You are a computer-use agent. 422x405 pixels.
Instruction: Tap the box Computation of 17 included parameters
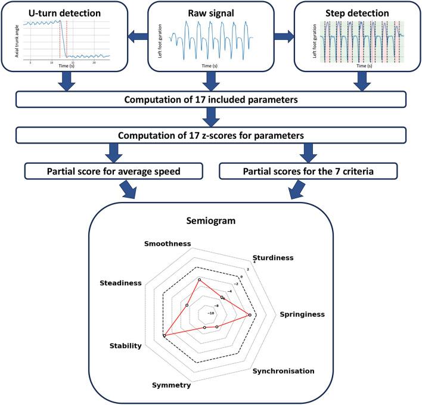pos(211,99)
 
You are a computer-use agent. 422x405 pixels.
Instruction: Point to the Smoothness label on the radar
pos(167,245)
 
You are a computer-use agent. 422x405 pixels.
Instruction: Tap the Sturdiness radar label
pos(273,258)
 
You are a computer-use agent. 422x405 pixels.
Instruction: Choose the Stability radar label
pos(125,345)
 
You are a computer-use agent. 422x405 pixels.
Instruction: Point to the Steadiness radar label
pos(122,283)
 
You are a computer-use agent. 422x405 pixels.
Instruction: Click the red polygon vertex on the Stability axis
pos(164,337)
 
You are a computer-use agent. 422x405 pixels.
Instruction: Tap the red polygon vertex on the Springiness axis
pos(249,315)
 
